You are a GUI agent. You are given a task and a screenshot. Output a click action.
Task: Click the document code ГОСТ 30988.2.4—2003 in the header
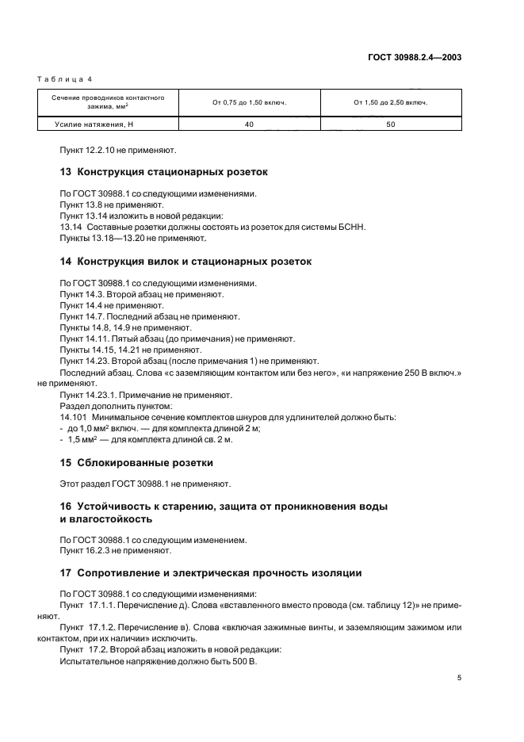tap(415, 58)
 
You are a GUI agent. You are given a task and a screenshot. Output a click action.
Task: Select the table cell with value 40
tap(249, 124)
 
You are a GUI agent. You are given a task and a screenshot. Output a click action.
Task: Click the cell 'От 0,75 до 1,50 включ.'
tap(249, 102)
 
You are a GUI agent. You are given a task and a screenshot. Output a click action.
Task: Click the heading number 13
tap(66, 170)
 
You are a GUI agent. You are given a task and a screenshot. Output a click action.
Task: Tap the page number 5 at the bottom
tap(459, 677)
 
